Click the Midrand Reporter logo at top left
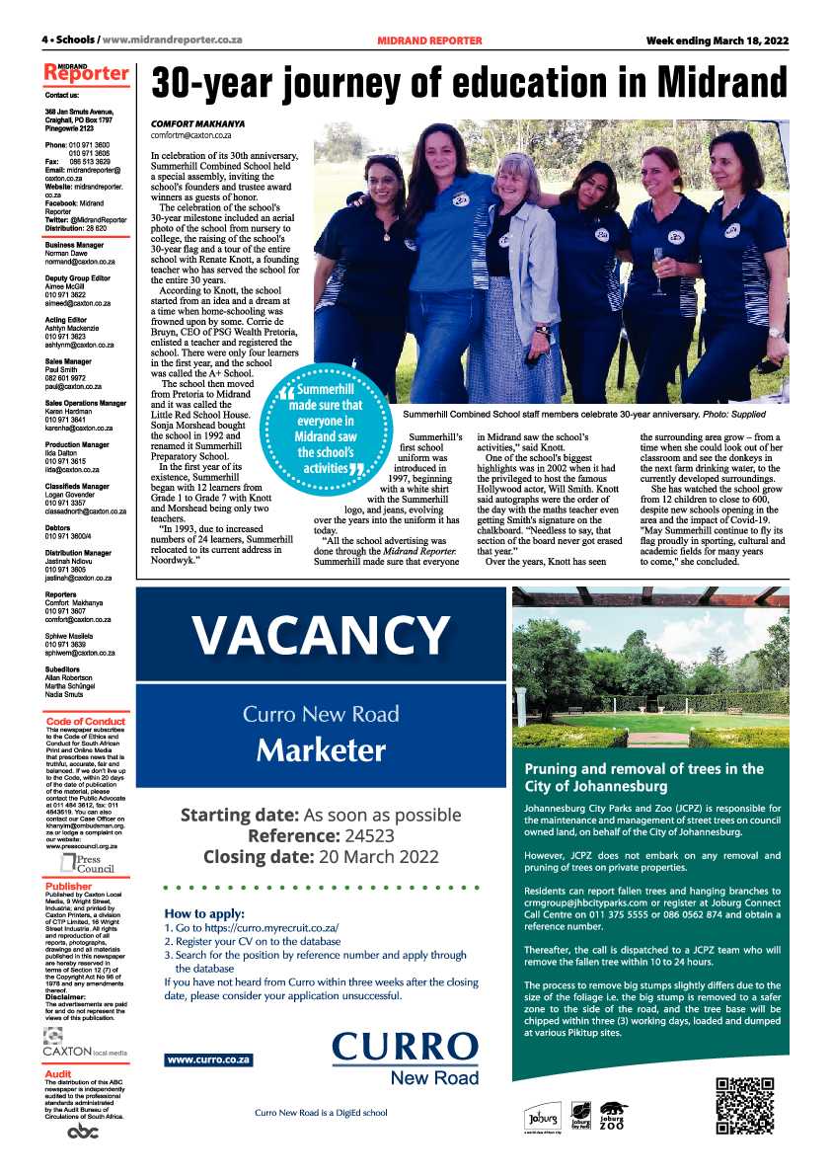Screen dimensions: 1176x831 coord(86,72)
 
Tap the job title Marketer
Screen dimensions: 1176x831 coord(321,750)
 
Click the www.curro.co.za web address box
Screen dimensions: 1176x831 coord(209,1059)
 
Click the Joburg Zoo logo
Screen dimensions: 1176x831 coord(615,1116)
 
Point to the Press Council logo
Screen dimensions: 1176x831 coord(87,866)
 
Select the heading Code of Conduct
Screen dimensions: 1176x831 coord(86,722)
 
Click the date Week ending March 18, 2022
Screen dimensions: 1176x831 coord(718,40)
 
